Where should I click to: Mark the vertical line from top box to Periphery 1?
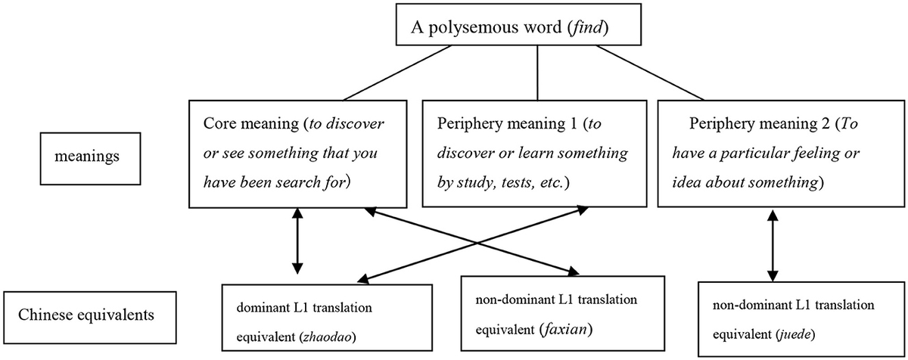click(x=536, y=72)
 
